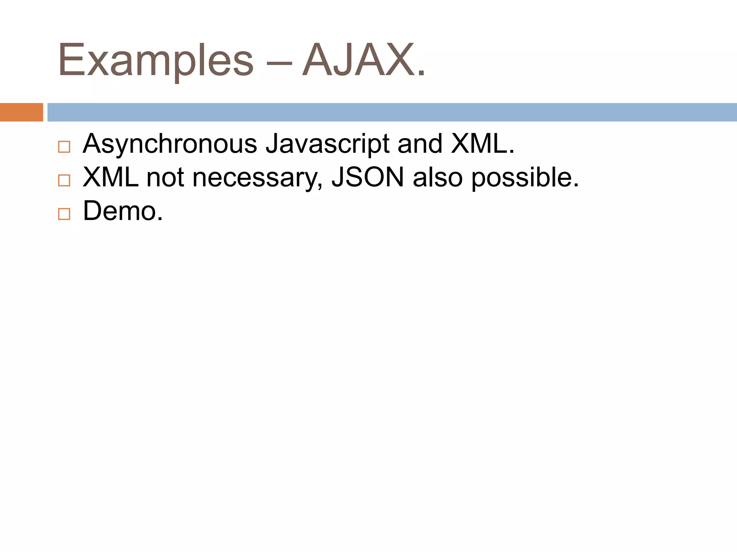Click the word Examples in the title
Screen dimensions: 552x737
click(155, 60)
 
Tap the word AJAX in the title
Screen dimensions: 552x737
click(358, 60)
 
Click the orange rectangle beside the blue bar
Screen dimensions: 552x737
click(21, 112)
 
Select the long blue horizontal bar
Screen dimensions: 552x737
click(392, 112)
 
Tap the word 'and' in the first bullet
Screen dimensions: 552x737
click(420, 144)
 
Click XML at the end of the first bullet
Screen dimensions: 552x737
click(479, 144)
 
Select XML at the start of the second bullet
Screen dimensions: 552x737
click(111, 177)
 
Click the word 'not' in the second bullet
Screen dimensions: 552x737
click(165, 177)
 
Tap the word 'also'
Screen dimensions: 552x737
click(438, 177)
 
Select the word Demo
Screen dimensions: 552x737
click(119, 211)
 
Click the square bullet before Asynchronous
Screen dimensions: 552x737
click(64, 147)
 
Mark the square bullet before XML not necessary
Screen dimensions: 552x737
click(64, 180)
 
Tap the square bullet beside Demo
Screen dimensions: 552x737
click(64, 214)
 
